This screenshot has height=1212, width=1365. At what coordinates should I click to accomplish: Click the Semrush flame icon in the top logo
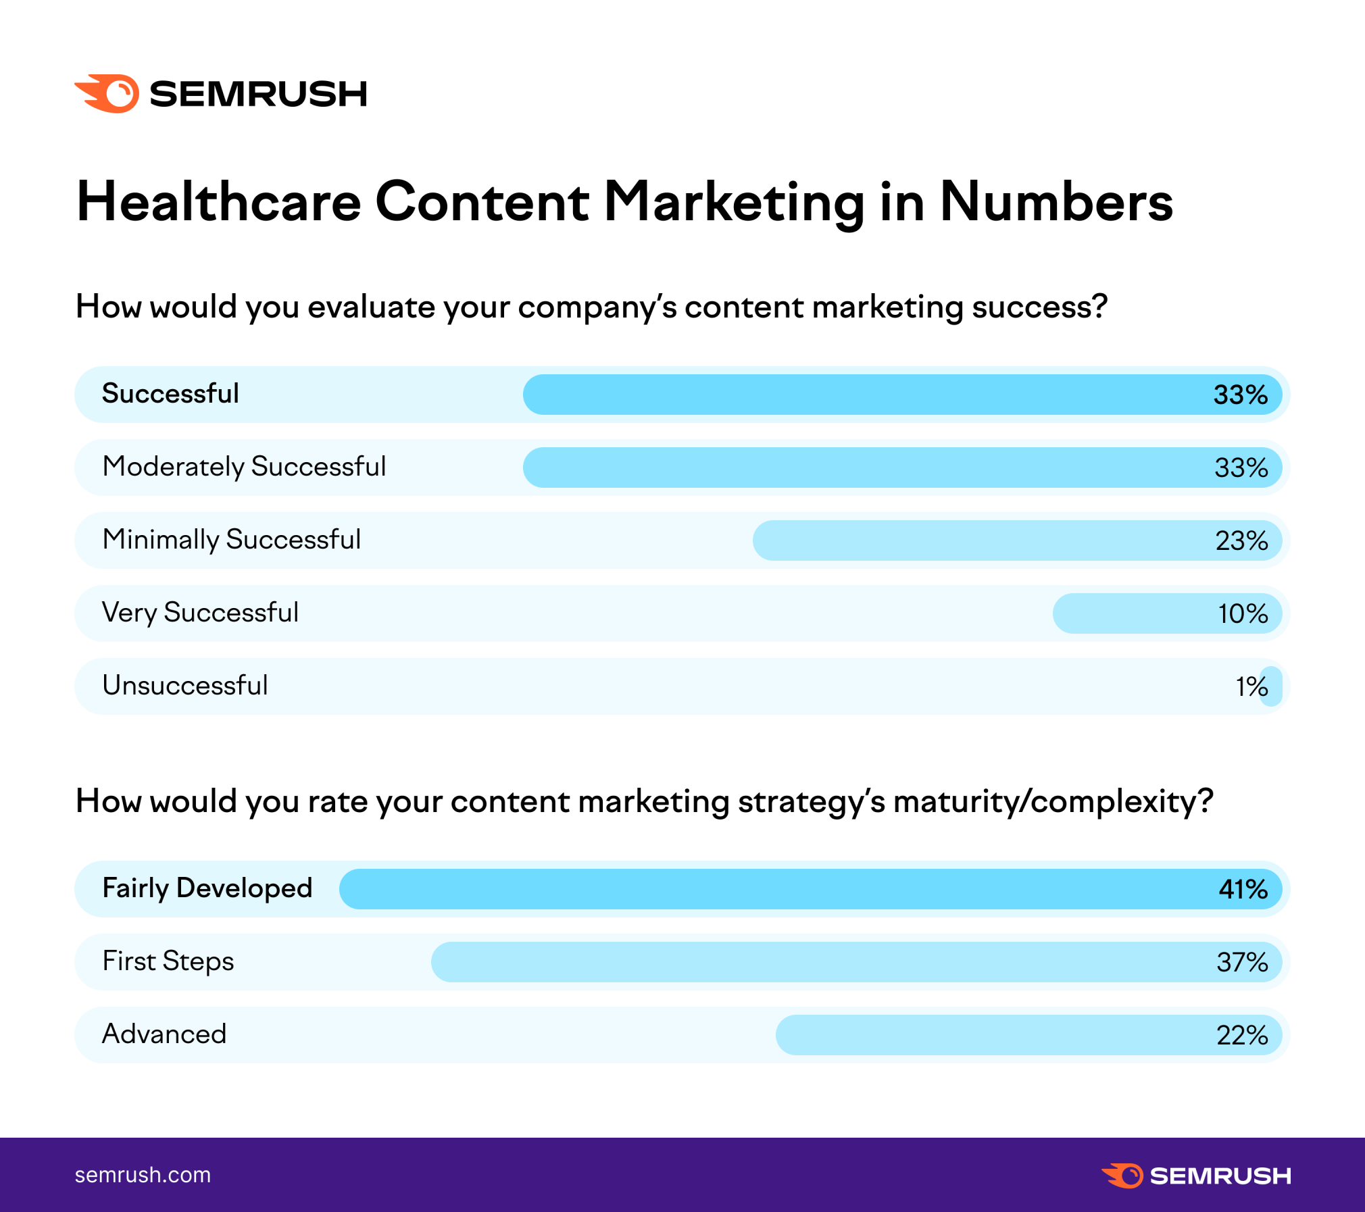108,93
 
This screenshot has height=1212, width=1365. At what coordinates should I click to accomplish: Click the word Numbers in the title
1056,202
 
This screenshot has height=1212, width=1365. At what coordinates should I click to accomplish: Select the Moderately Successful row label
244,467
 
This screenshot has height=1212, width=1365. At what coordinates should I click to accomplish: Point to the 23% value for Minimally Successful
1241,540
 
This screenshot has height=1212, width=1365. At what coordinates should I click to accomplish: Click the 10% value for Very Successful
1243,613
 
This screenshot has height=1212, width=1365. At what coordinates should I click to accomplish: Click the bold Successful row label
170,394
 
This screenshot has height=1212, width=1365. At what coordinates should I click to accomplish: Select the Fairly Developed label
207,888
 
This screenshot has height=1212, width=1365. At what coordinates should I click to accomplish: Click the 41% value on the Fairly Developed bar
1243,889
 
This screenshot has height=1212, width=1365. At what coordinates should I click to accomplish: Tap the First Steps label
168,961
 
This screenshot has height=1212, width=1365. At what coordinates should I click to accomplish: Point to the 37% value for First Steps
1242,962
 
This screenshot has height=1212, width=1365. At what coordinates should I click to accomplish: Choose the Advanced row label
164,1034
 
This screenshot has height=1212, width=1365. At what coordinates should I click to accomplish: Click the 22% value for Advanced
1242,1035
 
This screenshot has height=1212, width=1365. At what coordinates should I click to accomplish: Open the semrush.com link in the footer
143,1175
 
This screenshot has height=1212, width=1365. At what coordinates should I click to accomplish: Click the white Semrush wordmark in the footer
1220,1176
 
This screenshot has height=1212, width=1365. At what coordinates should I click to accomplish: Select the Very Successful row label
200,613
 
